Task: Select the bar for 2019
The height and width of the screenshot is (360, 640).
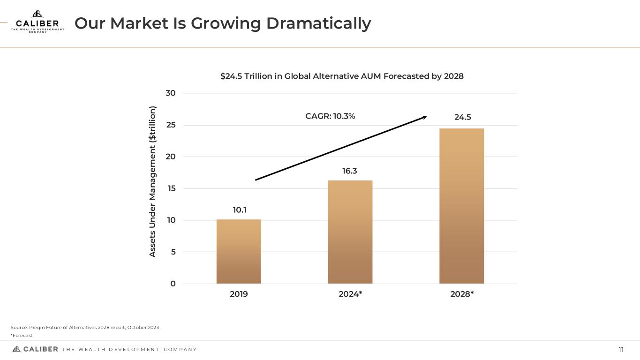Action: point(239,251)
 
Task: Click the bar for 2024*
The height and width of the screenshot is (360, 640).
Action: point(350,232)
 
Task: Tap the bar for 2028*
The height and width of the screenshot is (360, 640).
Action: point(461,206)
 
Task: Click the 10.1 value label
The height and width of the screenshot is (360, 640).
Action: point(240,210)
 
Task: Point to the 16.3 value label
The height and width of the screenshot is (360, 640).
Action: point(349,171)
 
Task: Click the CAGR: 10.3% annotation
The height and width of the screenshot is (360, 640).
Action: point(330,116)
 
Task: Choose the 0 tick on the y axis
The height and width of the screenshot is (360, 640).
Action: point(173,284)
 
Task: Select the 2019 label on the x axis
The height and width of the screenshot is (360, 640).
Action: point(239,294)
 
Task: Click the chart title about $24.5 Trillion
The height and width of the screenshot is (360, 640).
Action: point(342,76)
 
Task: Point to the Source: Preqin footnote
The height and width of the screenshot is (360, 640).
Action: point(84,327)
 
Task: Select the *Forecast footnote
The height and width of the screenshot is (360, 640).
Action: point(21,336)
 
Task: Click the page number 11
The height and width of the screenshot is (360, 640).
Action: point(621,350)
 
